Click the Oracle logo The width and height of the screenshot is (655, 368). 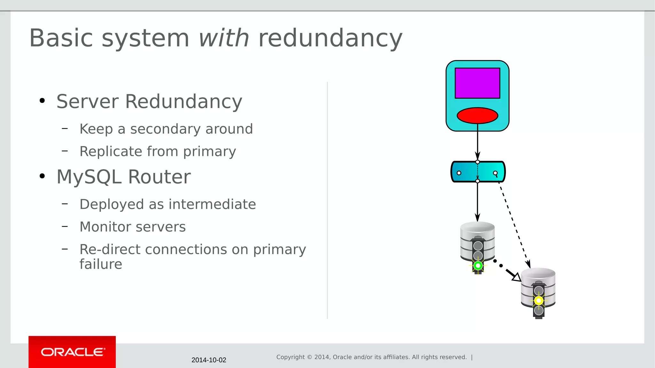72,352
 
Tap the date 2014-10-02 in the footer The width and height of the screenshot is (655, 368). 209,360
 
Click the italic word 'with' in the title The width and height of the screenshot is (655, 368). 224,38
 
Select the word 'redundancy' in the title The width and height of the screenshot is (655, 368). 330,38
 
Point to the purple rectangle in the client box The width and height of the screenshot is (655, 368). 477,83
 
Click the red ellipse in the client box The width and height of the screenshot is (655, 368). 477,115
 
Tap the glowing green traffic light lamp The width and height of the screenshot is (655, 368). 478,265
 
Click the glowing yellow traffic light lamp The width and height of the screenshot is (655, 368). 539,301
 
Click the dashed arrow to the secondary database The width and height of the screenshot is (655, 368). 513,224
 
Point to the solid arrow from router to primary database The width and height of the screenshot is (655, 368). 477,201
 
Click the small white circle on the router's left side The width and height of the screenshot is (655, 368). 459,173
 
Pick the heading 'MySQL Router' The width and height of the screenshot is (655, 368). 123,177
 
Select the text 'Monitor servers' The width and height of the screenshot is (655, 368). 132,227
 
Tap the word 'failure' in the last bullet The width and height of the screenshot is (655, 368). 101,264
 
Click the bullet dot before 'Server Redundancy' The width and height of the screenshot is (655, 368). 42,101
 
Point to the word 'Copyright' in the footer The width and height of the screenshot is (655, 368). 290,357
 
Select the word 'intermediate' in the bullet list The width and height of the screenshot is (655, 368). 212,204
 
